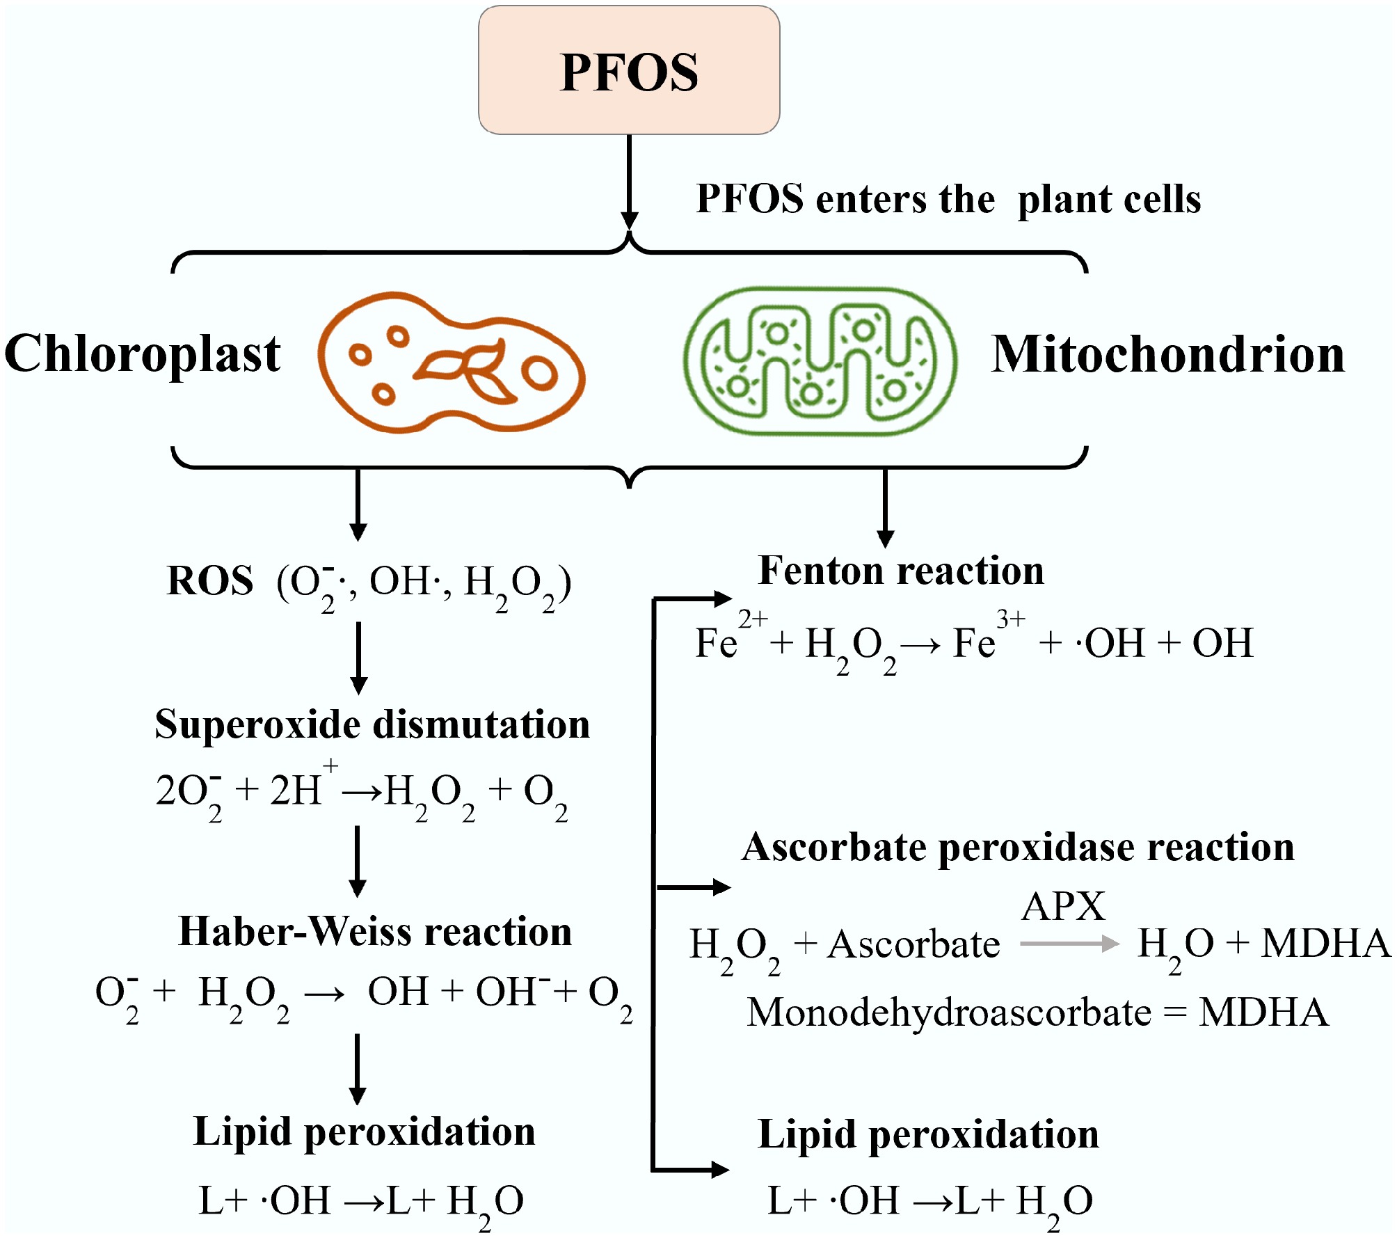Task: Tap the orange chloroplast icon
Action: [x=451, y=362]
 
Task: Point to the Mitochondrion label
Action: [x=1167, y=355]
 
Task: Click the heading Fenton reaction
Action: [x=901, y=571]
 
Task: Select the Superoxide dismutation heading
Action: [x=372, y=725]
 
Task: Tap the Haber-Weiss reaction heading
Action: [x=375, y=932]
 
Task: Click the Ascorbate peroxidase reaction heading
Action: [x=1018, y=848]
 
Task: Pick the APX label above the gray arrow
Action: [x=1063, y=907]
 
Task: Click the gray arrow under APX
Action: [x=1069, y=944]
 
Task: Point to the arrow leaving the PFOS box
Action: [x=629, y=181]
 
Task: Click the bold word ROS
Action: [x=210, y=581]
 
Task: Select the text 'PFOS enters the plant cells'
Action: [x=948, y=200]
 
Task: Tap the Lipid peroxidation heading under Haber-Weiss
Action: [x=365, y=1132]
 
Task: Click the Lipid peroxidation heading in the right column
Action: [x=928, y=1135]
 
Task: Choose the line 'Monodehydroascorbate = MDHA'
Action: [x=1037, y=1013]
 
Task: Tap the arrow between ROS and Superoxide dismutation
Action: [x=358, y=657]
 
